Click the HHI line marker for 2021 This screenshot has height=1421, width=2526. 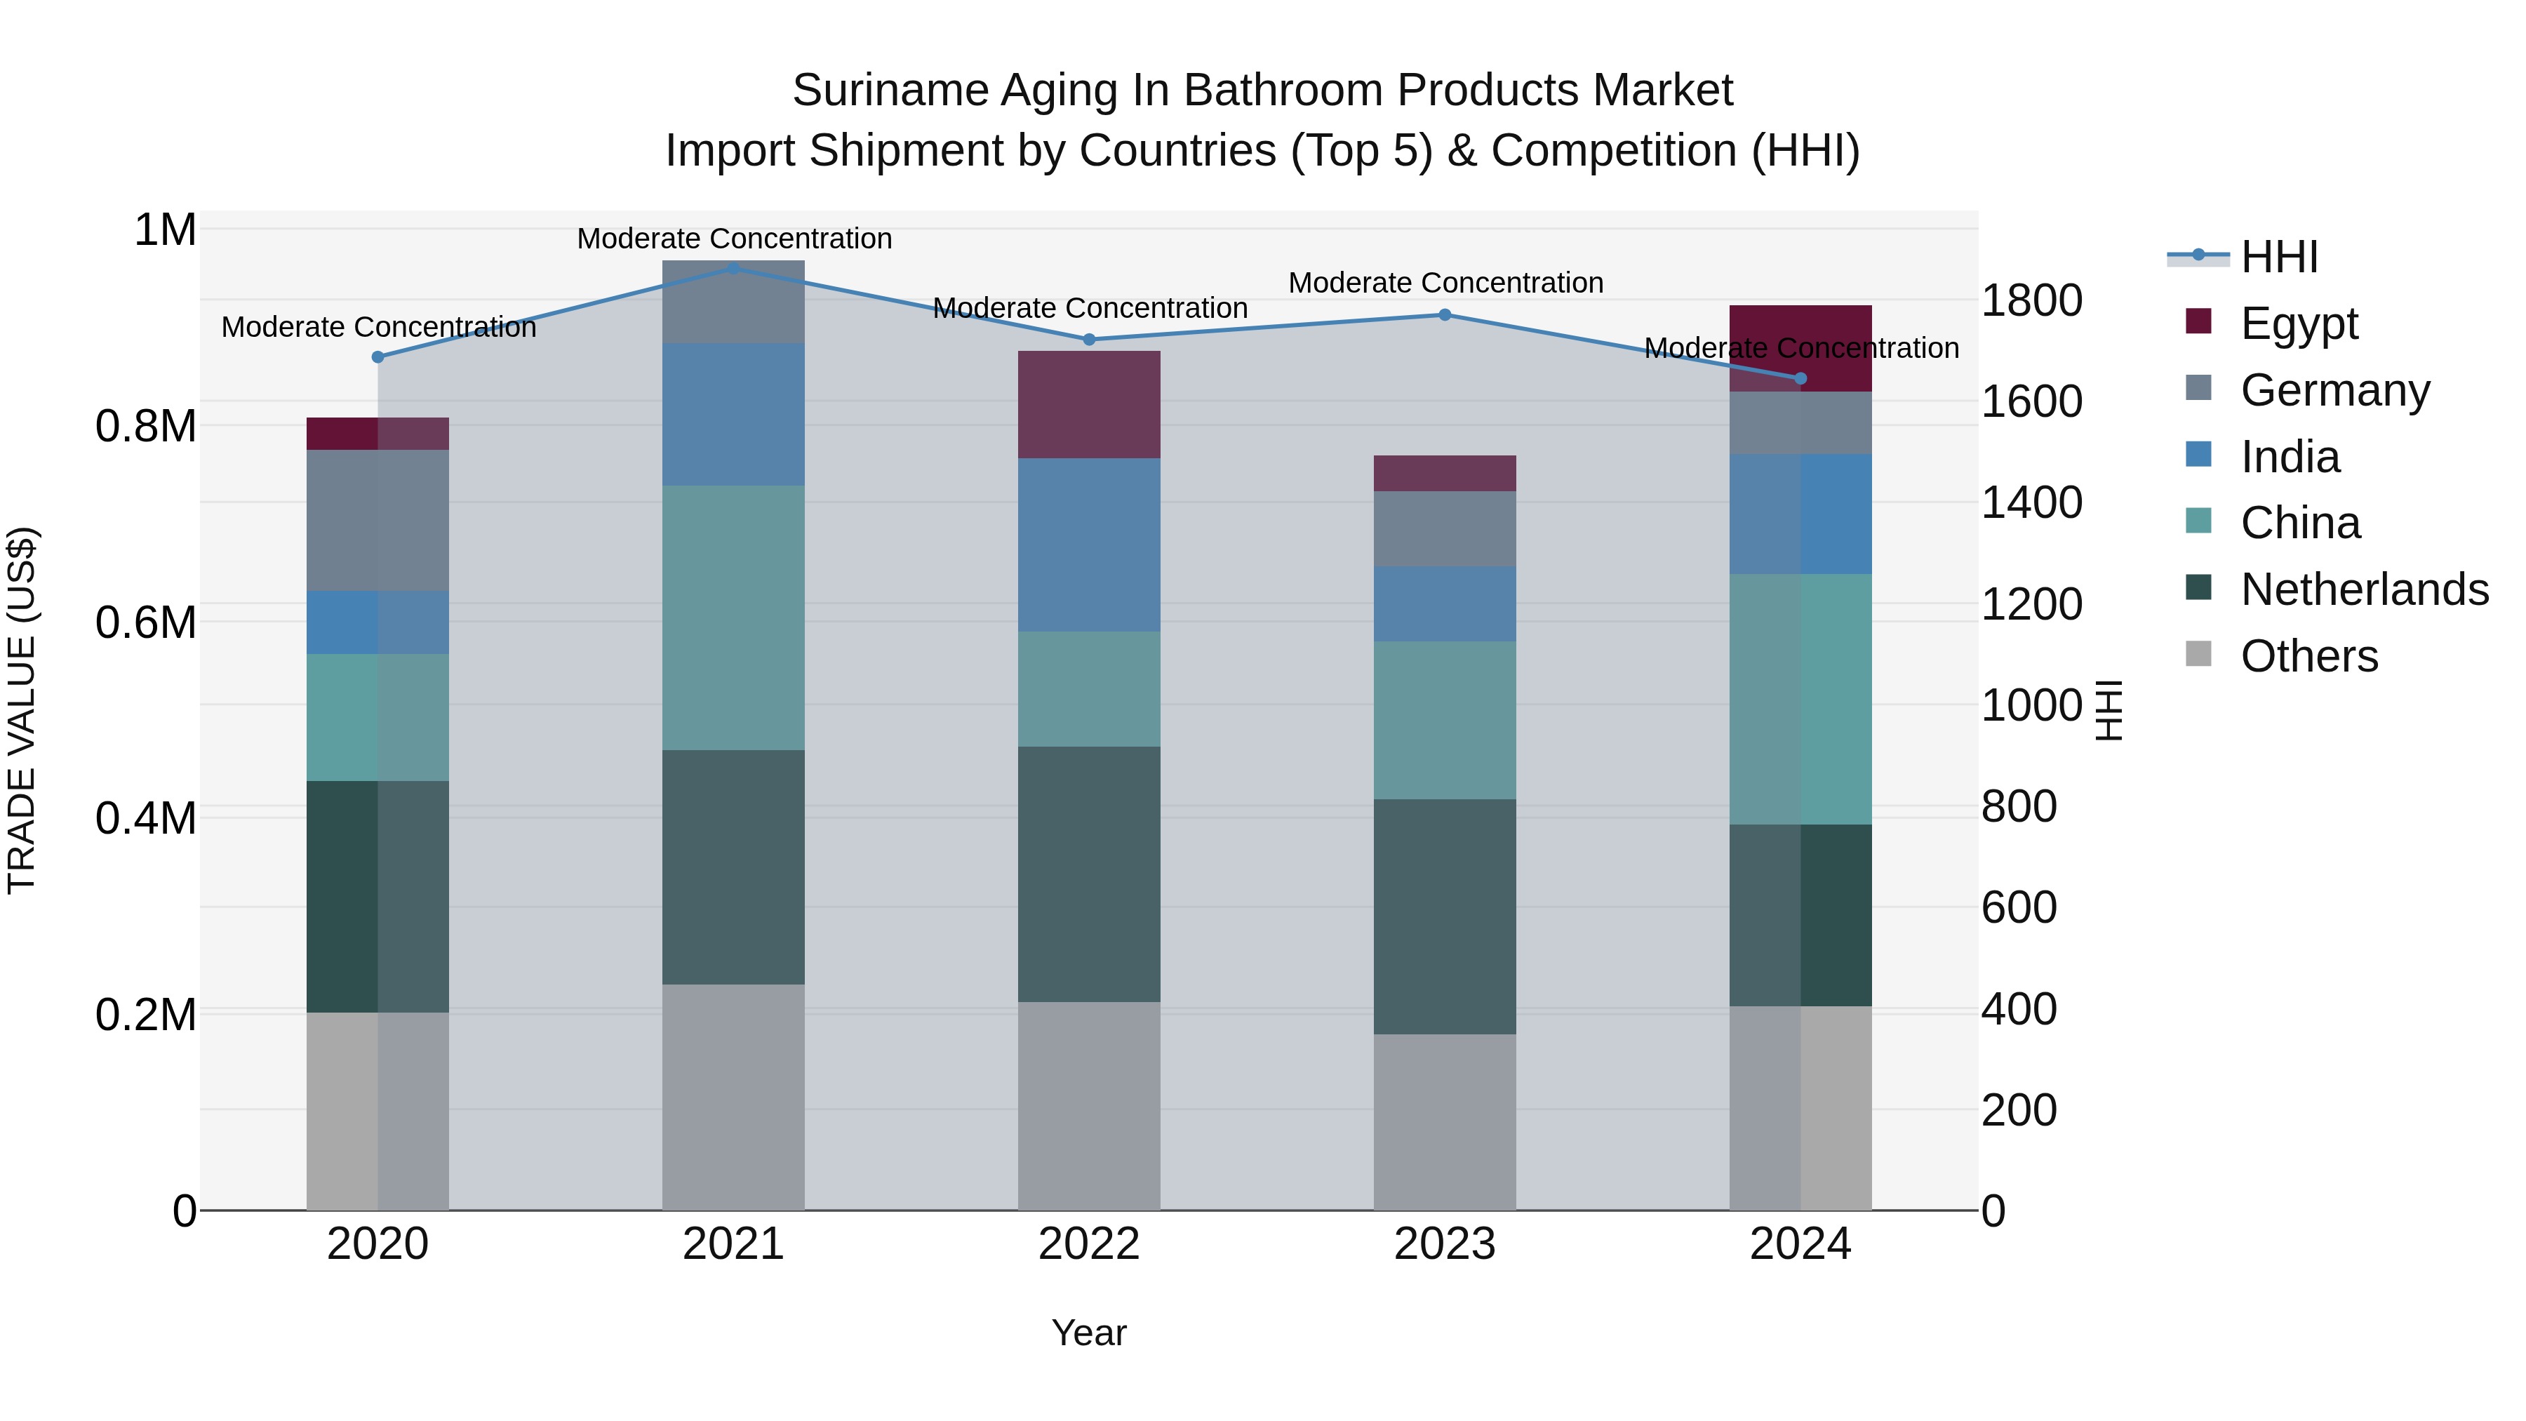coord(733,268)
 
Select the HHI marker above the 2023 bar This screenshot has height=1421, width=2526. coord(1445,315)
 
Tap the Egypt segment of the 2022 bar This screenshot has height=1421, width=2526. coord(1088,404)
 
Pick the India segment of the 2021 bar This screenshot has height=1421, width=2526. coord(733,414)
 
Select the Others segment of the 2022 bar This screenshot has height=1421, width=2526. coord(1088,1105)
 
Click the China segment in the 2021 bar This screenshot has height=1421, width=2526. coord(733,618)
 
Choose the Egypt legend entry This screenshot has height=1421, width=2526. coord(2299,323)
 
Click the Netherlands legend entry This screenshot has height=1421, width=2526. coord(2364,589)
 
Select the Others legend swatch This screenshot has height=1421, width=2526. coord(2198,654)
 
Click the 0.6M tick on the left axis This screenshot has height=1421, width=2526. coord(146,622)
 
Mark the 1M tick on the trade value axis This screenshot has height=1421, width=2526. coord(165,230)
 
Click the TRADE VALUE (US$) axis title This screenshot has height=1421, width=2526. coord(22,710)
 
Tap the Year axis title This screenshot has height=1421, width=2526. coord(1088,1333)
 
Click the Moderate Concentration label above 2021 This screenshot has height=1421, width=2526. coord(733,239)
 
